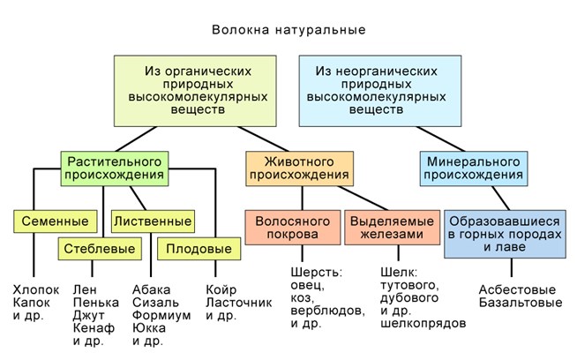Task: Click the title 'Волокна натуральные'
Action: (x=288, y=30)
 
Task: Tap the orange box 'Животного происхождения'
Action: (x=298, y=169)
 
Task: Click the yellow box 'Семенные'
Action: (x=54, y=220)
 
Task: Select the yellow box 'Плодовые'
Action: (x=200, y=249)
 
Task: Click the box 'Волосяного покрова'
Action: (x=292, y=227)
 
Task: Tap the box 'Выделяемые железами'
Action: (x=393, y=227)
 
